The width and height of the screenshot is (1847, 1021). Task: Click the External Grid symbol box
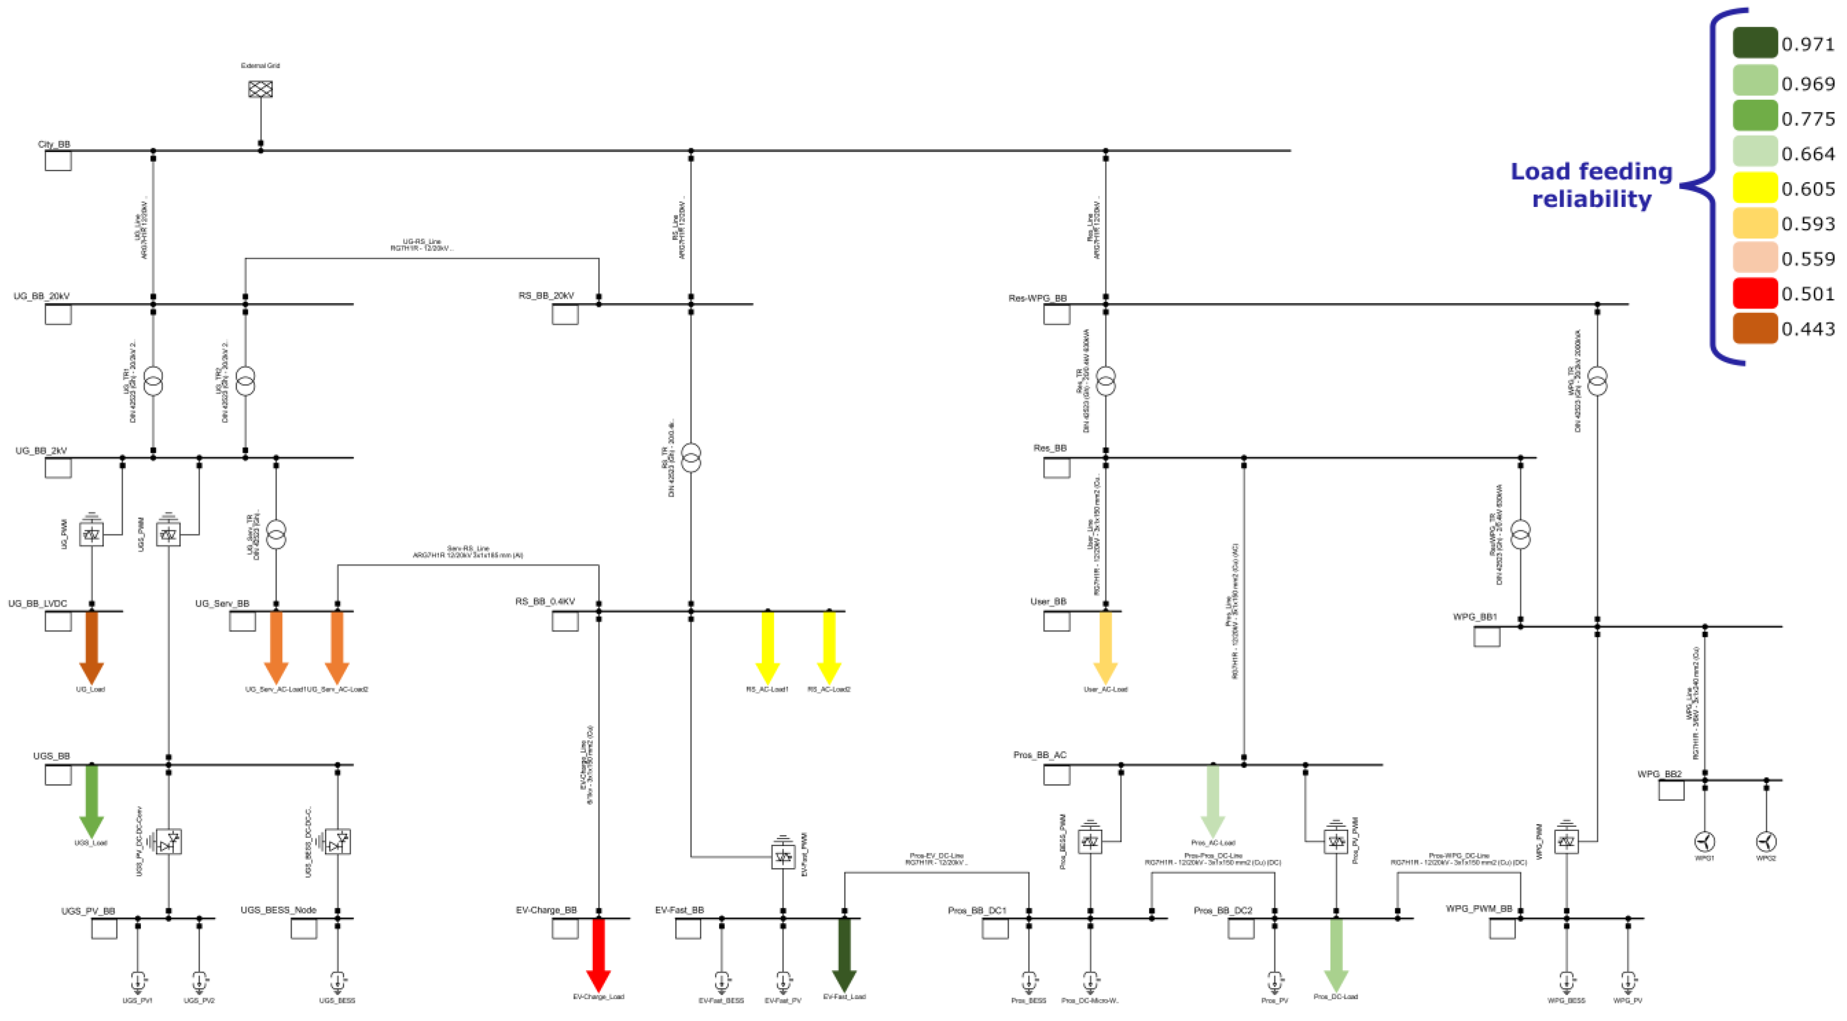[260, 89]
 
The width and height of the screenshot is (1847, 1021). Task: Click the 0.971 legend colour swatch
[1755, 43]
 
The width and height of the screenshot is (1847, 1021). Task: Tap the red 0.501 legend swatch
[1755, 293]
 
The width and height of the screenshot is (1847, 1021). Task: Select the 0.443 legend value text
[1808, 329]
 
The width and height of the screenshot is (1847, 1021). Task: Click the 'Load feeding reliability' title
[1591, 185]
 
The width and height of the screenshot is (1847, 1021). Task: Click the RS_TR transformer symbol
[690, 457]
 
